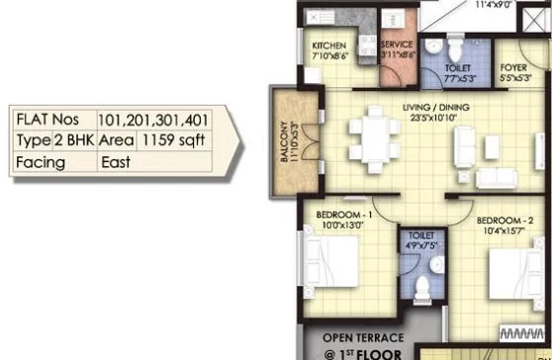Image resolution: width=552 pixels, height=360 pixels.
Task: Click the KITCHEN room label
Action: (x=328, y=47)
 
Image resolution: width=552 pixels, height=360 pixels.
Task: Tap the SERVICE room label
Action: (x=396, y=46)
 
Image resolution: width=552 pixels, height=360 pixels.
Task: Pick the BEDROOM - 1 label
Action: (x=343, y=214)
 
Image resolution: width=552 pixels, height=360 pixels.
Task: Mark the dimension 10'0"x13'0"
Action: (x=343, y=225)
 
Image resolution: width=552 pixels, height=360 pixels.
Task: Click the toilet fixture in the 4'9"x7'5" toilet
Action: (x=421, y=288)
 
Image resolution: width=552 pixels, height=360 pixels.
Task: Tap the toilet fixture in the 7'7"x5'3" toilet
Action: (x=452, y=48)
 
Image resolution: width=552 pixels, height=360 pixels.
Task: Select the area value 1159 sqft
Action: (x=172, y=140)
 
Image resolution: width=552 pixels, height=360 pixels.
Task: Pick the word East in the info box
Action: (x=116, y=162)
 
